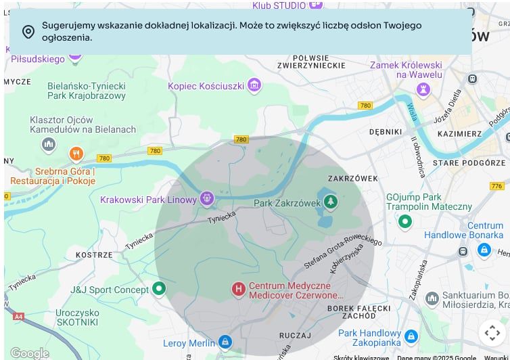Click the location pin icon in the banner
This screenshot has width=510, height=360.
(28, 32)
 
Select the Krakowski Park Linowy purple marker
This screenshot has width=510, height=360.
(207, 199)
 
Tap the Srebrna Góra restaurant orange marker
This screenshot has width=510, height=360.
(76, 154)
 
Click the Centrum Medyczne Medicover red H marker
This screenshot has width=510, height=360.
(238, 290)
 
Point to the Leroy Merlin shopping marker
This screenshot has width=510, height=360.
(225, 342)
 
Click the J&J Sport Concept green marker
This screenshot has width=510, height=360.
(159, 290)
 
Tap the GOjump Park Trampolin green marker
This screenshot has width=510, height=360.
(405, 221)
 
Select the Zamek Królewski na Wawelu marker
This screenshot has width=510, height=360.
(424, 89)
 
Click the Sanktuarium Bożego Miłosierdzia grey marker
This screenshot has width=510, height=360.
(432, 298)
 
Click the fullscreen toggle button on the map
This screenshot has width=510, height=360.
(492, 332)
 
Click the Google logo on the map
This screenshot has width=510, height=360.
(29, 353)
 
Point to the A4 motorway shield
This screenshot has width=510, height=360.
(18, 316)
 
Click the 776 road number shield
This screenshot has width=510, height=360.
(496, 186)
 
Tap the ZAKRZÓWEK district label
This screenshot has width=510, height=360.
(352, 179)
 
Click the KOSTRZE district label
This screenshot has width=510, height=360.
(94, 255)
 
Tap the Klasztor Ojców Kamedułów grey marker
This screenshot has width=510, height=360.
(48, 144)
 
